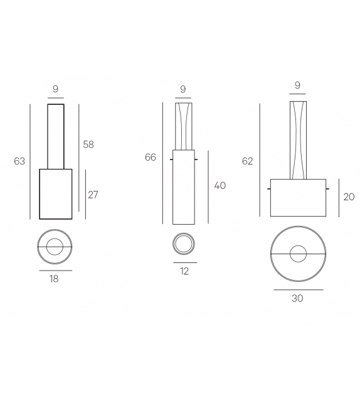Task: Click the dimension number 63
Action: pyautogui.click(x=19, y=161)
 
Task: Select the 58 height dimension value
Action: pyautogui.click(x=88, y=144)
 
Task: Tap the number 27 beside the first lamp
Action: pyautogui.click(x=93, y=195)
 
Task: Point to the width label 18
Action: pyautogui.click(x=55, y=279)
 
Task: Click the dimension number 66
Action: pyautogui.click(x=151, y=157)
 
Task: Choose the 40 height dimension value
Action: pyautogui.click(x=220, y=186)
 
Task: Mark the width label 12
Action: pyautogui.click(x=184, y=271)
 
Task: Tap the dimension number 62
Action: pyautogui.click(x=247, y=161)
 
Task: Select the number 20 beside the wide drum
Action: pyautogui.click(x=349, y=196)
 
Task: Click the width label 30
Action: pyautogui.click(x=297, y=298)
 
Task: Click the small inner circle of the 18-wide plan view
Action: pyautogui.click(x=55, y=247)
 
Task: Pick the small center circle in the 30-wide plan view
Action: pyautogui.click(x=298, y=254)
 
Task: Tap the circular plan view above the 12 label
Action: pyautogui.click(x=184, y=244)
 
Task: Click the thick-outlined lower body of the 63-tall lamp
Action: pyautogui.click(x=55, y=193)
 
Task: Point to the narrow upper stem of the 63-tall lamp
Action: pyautogui.click(x=55, y=136)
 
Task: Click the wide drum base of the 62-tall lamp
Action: pyautogui.click(x=298, y=198)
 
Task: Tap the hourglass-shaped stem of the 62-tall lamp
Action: pyautogui.click(x=298, y=139)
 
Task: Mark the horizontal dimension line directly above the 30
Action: pyautogui.click(x=298, y=289)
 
